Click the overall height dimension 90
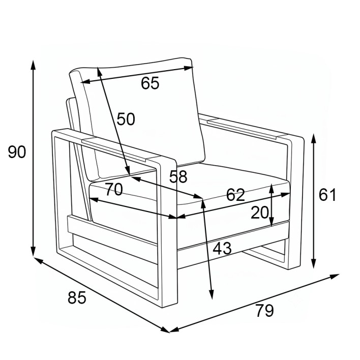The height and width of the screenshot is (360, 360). coord(17,152)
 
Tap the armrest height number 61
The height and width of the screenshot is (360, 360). coord(327,195)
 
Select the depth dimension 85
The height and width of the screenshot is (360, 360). coord(77,297)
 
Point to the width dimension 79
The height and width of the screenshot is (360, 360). coord(265,311)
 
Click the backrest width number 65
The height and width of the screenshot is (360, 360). coord(150,83)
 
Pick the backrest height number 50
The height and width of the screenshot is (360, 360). coord(126,119)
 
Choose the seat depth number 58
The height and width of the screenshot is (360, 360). coord(178,177)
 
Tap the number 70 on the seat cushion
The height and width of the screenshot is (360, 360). coord(114,190)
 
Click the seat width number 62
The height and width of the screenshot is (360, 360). coord(235,195)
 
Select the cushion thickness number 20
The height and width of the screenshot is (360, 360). coord(260,213)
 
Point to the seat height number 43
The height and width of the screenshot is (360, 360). coord(222,249)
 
